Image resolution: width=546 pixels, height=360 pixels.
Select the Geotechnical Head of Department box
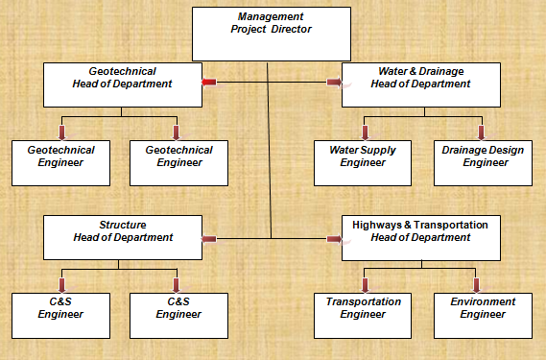click(123, 84)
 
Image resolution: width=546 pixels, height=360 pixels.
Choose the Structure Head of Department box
click(123, 237)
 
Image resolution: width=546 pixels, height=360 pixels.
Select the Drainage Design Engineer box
click(480, 162)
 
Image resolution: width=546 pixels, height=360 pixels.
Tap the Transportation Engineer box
click(363, 314)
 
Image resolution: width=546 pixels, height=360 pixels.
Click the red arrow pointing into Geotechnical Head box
click(209, 84)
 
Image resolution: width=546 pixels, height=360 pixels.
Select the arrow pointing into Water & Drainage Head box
click(334, 84)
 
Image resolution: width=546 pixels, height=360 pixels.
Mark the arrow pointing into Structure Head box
click(209, 238)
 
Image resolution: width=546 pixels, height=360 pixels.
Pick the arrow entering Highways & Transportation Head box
click(334, 238)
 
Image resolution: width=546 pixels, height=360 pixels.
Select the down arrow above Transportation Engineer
click(365, 284)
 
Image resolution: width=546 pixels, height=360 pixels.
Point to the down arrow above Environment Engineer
click(477, 284)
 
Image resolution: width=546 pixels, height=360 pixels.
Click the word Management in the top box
click(271, 16)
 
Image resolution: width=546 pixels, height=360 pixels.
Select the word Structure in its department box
click(122, 225)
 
